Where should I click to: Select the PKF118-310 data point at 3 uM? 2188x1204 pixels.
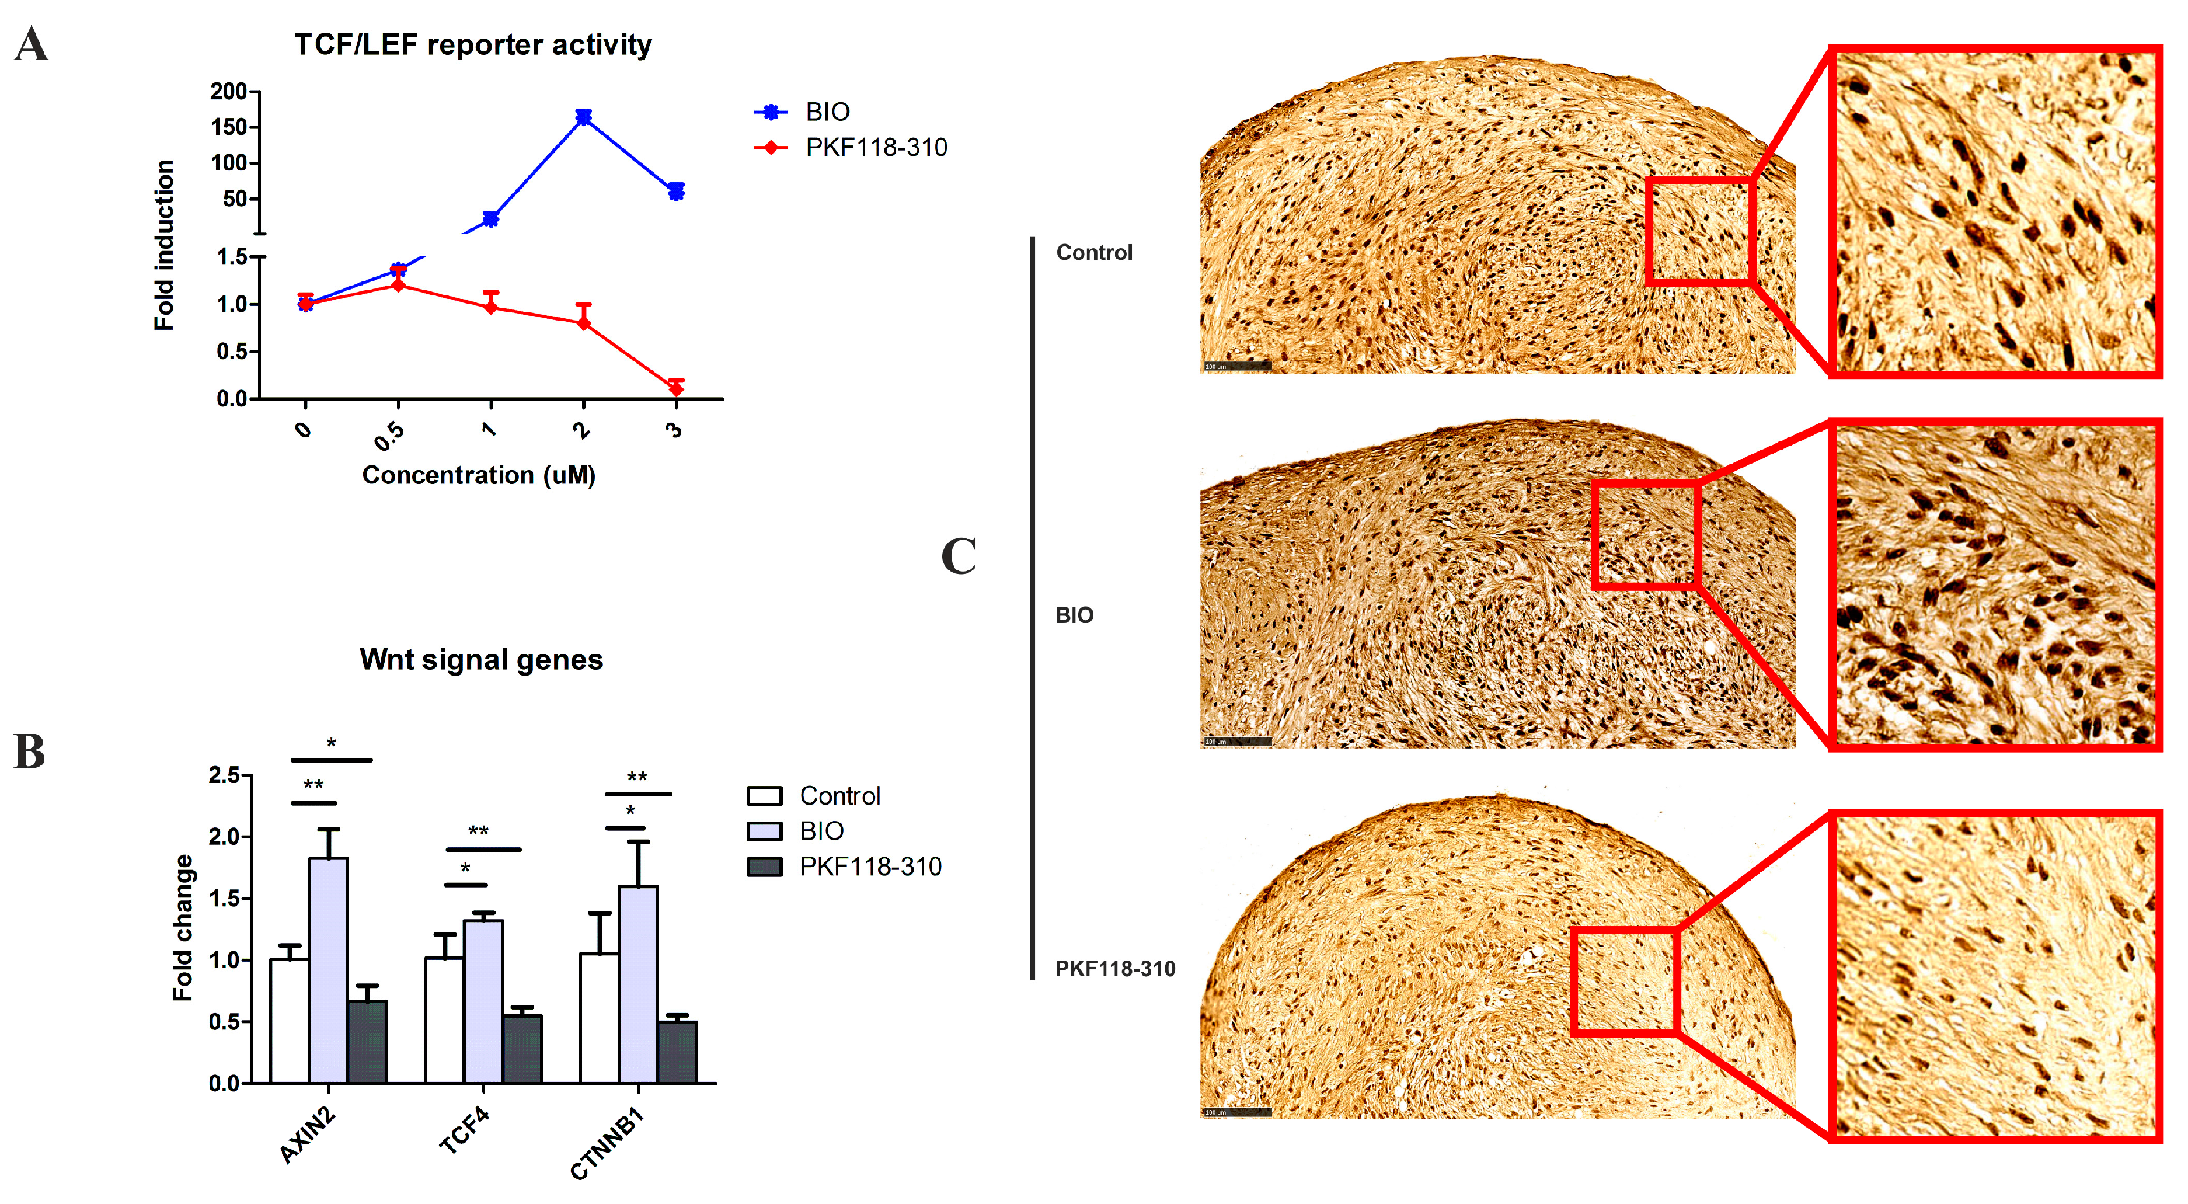pyautogui.click(x=676, y=388)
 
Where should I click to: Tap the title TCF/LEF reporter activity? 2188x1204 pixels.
pyautogui.click(x=473, y=44)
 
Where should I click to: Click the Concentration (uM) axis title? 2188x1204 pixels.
pyautogui.click(x=479, y=474)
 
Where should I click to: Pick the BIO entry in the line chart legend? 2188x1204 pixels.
pyautogui.click(x=827, y=112)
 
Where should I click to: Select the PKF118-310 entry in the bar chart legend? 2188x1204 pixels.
pyautogui.click(x=870, y=866)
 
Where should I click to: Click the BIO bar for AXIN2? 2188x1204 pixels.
pyautogui.click(x=328, y=969)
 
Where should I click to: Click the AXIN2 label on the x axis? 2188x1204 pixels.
pyautogui.click(x=308, y=1135)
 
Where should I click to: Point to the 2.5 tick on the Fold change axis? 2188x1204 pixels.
pyautogui.click(x=225, y=775)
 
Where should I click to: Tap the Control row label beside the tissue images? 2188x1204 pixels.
pyautogui.click(x=1094, y=252)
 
